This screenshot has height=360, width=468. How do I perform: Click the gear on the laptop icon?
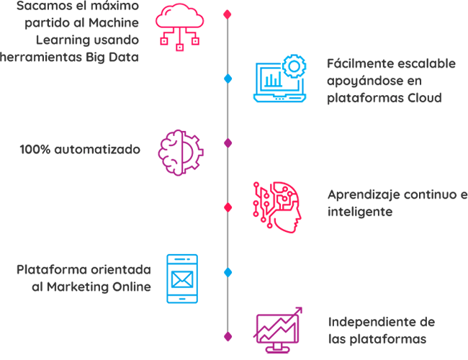[293, 67]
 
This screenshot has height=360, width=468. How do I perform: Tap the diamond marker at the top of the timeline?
[228, 14]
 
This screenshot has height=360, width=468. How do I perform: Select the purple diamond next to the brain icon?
[228, 143]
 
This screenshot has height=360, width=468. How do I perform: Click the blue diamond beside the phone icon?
[228, 272]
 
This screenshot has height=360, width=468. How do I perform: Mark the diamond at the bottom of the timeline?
[228, 336]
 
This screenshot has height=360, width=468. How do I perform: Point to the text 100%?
[35, 150]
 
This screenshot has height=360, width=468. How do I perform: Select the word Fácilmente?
[358, 63]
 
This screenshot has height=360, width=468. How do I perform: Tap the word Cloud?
[423, 97]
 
